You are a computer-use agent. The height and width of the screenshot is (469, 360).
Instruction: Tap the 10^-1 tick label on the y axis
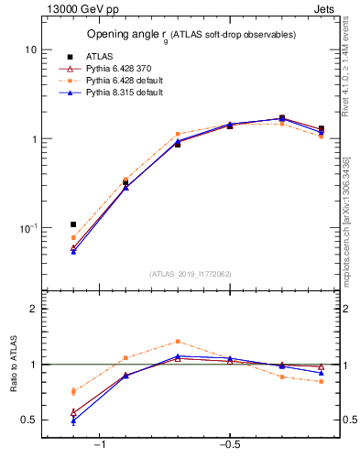(27, 228)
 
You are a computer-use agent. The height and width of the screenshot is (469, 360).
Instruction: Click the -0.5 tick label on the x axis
(228, 446)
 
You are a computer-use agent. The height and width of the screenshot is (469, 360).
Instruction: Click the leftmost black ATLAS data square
(73, 224)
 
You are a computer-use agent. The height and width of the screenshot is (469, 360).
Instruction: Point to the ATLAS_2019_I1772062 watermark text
(190, 273)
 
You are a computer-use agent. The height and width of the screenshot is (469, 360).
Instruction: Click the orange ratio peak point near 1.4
(178, 341)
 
